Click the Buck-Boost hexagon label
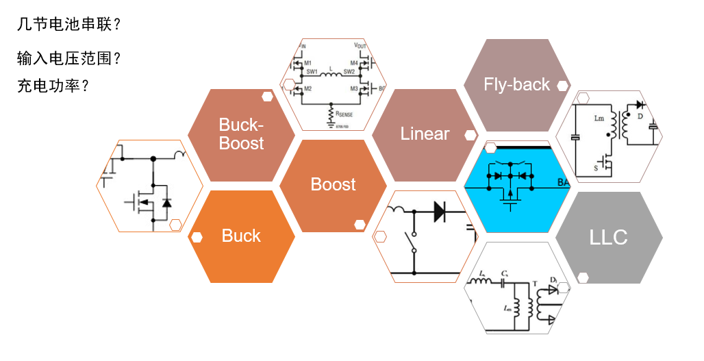pyautogui.click(x=241, y=134)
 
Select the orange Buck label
pyautogui.click(x=241, y=236)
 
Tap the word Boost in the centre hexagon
pyautogui.click(x=334, y=184)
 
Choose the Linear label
pyautogui.click(x=425, y=134)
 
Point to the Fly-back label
pyautogui.click(x=516, y=84)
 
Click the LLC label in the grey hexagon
pyautogui.click(x=608, y=237)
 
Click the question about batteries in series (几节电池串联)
pyautogui.click(x=69, y=25)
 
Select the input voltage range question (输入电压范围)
pyautogui.click(x=69, y=58)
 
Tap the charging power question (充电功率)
pyautogui.click(x=53, y=87)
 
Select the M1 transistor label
pyautogui.click(x=309, y=62)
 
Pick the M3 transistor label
pyautogui.click(x=354, y=88)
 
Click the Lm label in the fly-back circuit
pyautogui.click(x=596, y=117)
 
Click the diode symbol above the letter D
pyautogui.click(x=640, y=105)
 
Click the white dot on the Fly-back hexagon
pyautogui.click(x=562, y=86)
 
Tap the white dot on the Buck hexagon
pyautogui.click(x=197, y=238)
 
